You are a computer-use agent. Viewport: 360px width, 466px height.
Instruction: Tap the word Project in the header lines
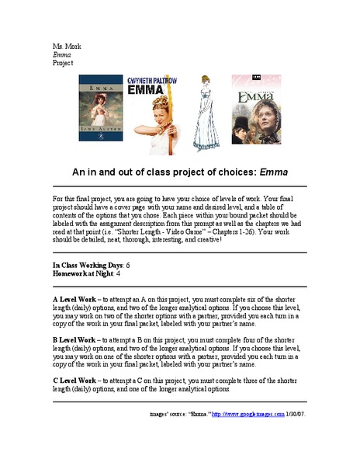(x=63, y=63)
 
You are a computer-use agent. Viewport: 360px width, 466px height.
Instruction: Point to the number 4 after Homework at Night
(x=118, y=273)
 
